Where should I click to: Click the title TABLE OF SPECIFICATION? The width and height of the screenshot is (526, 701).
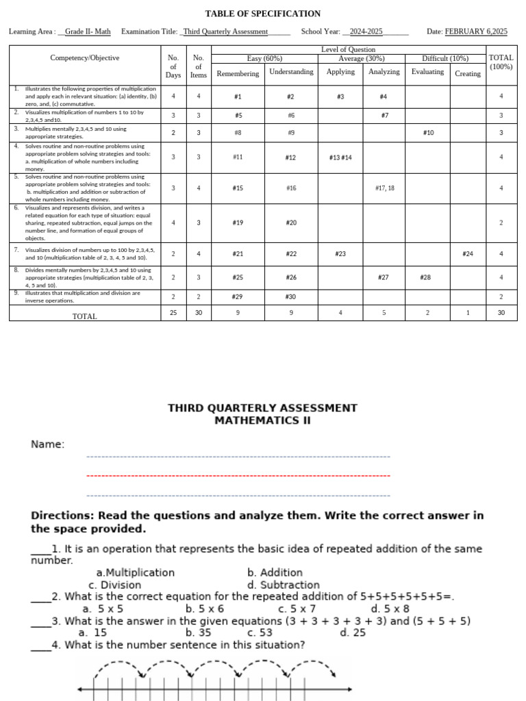[263, 14]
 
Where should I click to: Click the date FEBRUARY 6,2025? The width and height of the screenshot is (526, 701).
[476, 31]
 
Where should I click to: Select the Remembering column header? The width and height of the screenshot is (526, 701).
[238, 73]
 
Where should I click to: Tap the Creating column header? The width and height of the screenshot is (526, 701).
[468, 73]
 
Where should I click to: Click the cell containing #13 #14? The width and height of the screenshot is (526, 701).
[340, 157]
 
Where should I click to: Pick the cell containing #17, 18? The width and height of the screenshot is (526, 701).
[384, 188]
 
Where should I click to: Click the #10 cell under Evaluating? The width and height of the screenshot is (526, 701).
[428, 133]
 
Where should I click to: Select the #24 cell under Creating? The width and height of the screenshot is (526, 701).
[468, 254]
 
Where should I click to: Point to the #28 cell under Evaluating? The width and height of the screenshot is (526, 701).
[426, 277]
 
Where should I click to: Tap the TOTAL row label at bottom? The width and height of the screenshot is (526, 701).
[85, 316]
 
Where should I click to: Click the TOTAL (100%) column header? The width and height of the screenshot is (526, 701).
[501, 62]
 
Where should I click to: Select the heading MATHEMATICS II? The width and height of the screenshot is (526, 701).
[262, 420]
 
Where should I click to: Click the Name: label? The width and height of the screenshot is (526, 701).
[48, 445]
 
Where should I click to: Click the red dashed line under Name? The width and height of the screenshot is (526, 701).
[238, 476]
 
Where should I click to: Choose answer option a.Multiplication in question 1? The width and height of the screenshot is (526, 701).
[136, 572]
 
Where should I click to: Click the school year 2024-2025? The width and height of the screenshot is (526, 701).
[366, 31]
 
